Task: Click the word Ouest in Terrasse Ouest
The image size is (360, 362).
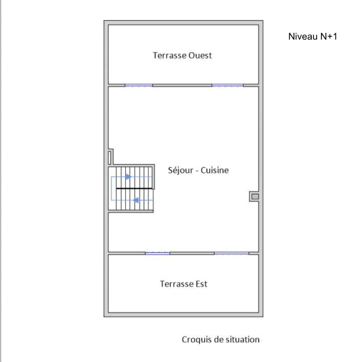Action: point(200,55)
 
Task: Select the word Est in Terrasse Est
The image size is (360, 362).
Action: point(201,284)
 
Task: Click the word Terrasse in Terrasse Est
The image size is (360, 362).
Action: point(177,284)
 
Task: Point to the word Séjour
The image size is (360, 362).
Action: point(181,170)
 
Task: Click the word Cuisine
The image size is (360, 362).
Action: point(215,170)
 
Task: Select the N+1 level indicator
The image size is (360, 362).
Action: point(329,37)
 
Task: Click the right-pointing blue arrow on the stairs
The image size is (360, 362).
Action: point(129,177)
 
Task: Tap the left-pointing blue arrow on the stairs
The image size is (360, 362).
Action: point(136,200)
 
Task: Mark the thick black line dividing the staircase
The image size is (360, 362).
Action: point(134,189)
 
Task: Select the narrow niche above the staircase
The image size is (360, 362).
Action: point(110,158)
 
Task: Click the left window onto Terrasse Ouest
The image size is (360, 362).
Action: point(139,85)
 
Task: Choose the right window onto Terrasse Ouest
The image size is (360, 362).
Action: point(227,85)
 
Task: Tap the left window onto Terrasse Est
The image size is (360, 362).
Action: point(157,253)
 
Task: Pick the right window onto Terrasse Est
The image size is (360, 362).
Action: point(231,253)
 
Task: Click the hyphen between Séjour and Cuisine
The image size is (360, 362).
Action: point(197,171)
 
